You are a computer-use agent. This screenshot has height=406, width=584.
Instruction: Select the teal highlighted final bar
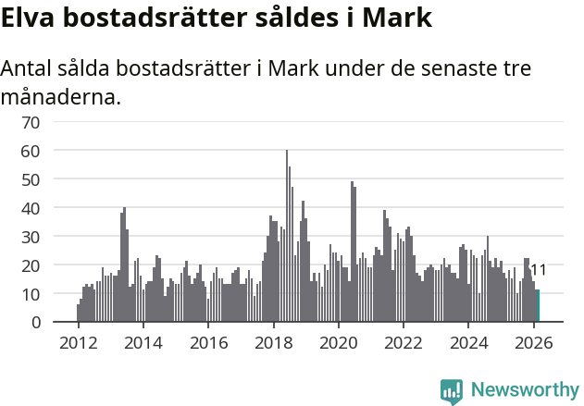pos(538,306)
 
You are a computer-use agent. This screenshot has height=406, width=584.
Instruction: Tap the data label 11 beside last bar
pos(538,270)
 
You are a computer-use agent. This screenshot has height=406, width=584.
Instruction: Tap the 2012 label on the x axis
pos(78,342)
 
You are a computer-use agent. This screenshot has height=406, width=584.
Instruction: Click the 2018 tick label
pos(273,342)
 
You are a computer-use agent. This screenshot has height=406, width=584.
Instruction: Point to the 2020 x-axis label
pos(338,342)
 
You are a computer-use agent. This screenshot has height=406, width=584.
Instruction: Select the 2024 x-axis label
pos(468,342)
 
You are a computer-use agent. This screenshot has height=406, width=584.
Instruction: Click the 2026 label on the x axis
pos(533,342)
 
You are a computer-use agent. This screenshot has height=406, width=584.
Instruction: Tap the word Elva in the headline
pos(30,18)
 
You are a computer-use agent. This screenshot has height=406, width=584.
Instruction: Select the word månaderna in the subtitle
pos(60,95)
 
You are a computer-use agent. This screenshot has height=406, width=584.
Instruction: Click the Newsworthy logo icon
pos(451,390)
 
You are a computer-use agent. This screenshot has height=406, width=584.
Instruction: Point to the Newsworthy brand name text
pos(524,390)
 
